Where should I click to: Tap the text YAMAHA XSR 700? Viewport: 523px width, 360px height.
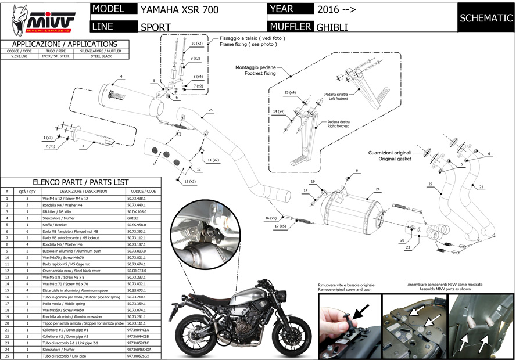(176, 9)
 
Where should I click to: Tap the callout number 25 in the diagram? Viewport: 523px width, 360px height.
(210, 110)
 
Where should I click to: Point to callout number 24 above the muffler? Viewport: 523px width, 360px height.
(377, 189)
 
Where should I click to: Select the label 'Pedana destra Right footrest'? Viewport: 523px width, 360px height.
(338, 124)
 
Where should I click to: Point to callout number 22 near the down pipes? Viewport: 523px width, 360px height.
(431, 184)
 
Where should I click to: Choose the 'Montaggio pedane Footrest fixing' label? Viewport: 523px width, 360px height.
(255, 71)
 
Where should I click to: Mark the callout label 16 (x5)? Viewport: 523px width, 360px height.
(271, 218)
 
